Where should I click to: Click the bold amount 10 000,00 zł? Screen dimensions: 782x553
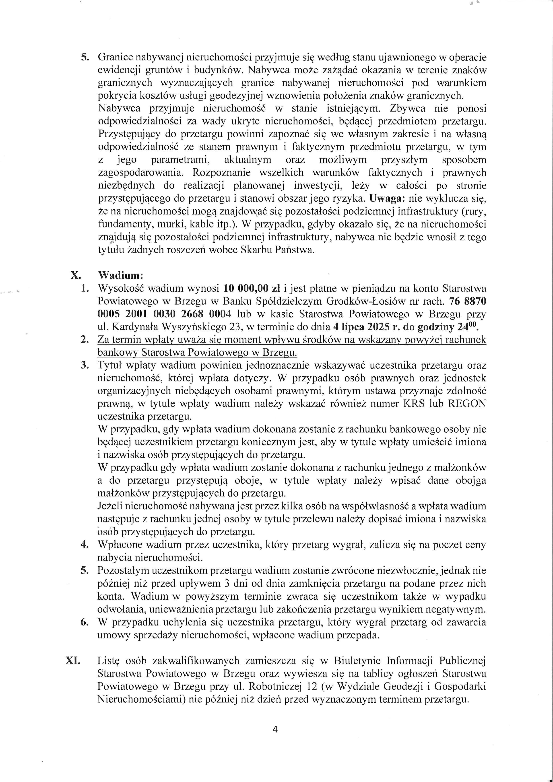coord(252,289)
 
